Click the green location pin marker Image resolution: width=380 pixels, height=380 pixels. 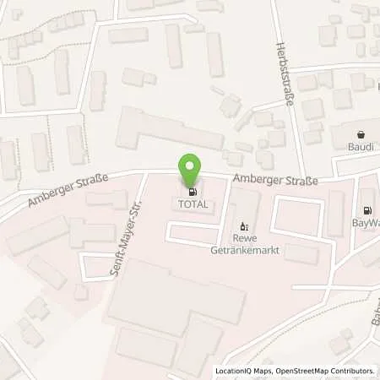[191, 170]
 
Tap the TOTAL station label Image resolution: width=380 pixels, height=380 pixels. [191, 204]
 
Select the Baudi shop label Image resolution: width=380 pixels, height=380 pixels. [361, 149]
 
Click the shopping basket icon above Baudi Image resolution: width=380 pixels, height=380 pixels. [361, 135]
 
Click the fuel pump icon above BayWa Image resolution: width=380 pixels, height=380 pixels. [366, 211]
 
